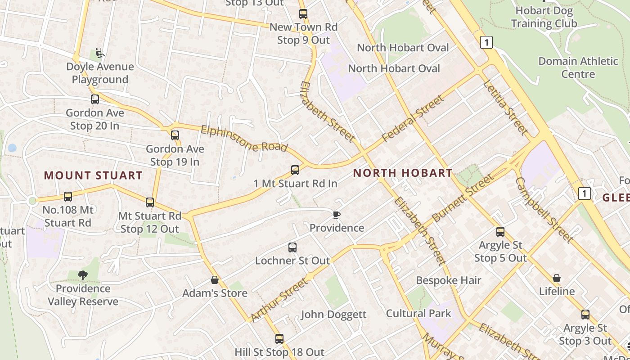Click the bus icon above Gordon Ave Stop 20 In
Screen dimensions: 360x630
point(94,99)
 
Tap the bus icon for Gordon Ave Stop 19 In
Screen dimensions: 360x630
point(175,135)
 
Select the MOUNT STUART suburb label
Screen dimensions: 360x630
point(93,175)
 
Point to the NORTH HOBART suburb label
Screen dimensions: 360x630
point(403,173)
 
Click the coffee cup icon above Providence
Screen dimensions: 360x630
point(336,215)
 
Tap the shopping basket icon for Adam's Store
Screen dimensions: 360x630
point(215,280)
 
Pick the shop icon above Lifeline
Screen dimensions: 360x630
point(557,278)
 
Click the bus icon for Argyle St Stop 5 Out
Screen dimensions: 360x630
point(500,232)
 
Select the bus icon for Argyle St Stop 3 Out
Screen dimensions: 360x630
point(585,315)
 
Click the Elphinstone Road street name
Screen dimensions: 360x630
point(244,139)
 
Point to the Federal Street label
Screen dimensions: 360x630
point(413,118)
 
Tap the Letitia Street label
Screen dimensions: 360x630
point(505,107)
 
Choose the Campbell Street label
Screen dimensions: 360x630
point(543,209)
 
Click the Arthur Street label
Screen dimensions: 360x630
point(279,300)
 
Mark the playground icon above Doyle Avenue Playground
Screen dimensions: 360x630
point(100,54)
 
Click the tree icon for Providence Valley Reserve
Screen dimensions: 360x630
point(82,275)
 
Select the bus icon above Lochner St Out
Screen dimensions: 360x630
point(292,247)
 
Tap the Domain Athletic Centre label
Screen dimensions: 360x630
point(578,67)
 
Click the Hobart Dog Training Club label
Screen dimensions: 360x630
point(544,17)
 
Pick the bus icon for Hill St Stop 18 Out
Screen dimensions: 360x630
point(279,338)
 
